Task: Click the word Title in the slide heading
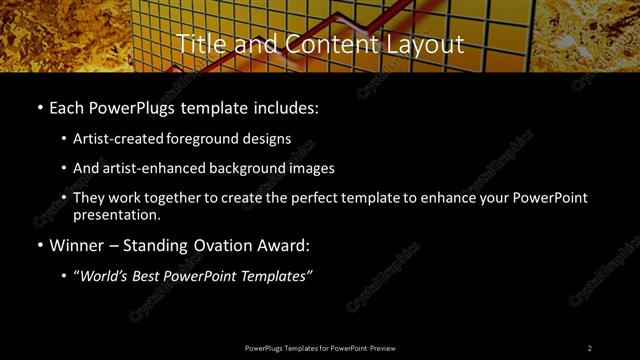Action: [x=199, y=44]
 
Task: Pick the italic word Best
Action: [x=150, y=275]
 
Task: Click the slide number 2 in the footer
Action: [x=590, y=348]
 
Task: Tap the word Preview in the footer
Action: [x=383, y=348]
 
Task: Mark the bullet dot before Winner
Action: [x=39, y=245]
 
